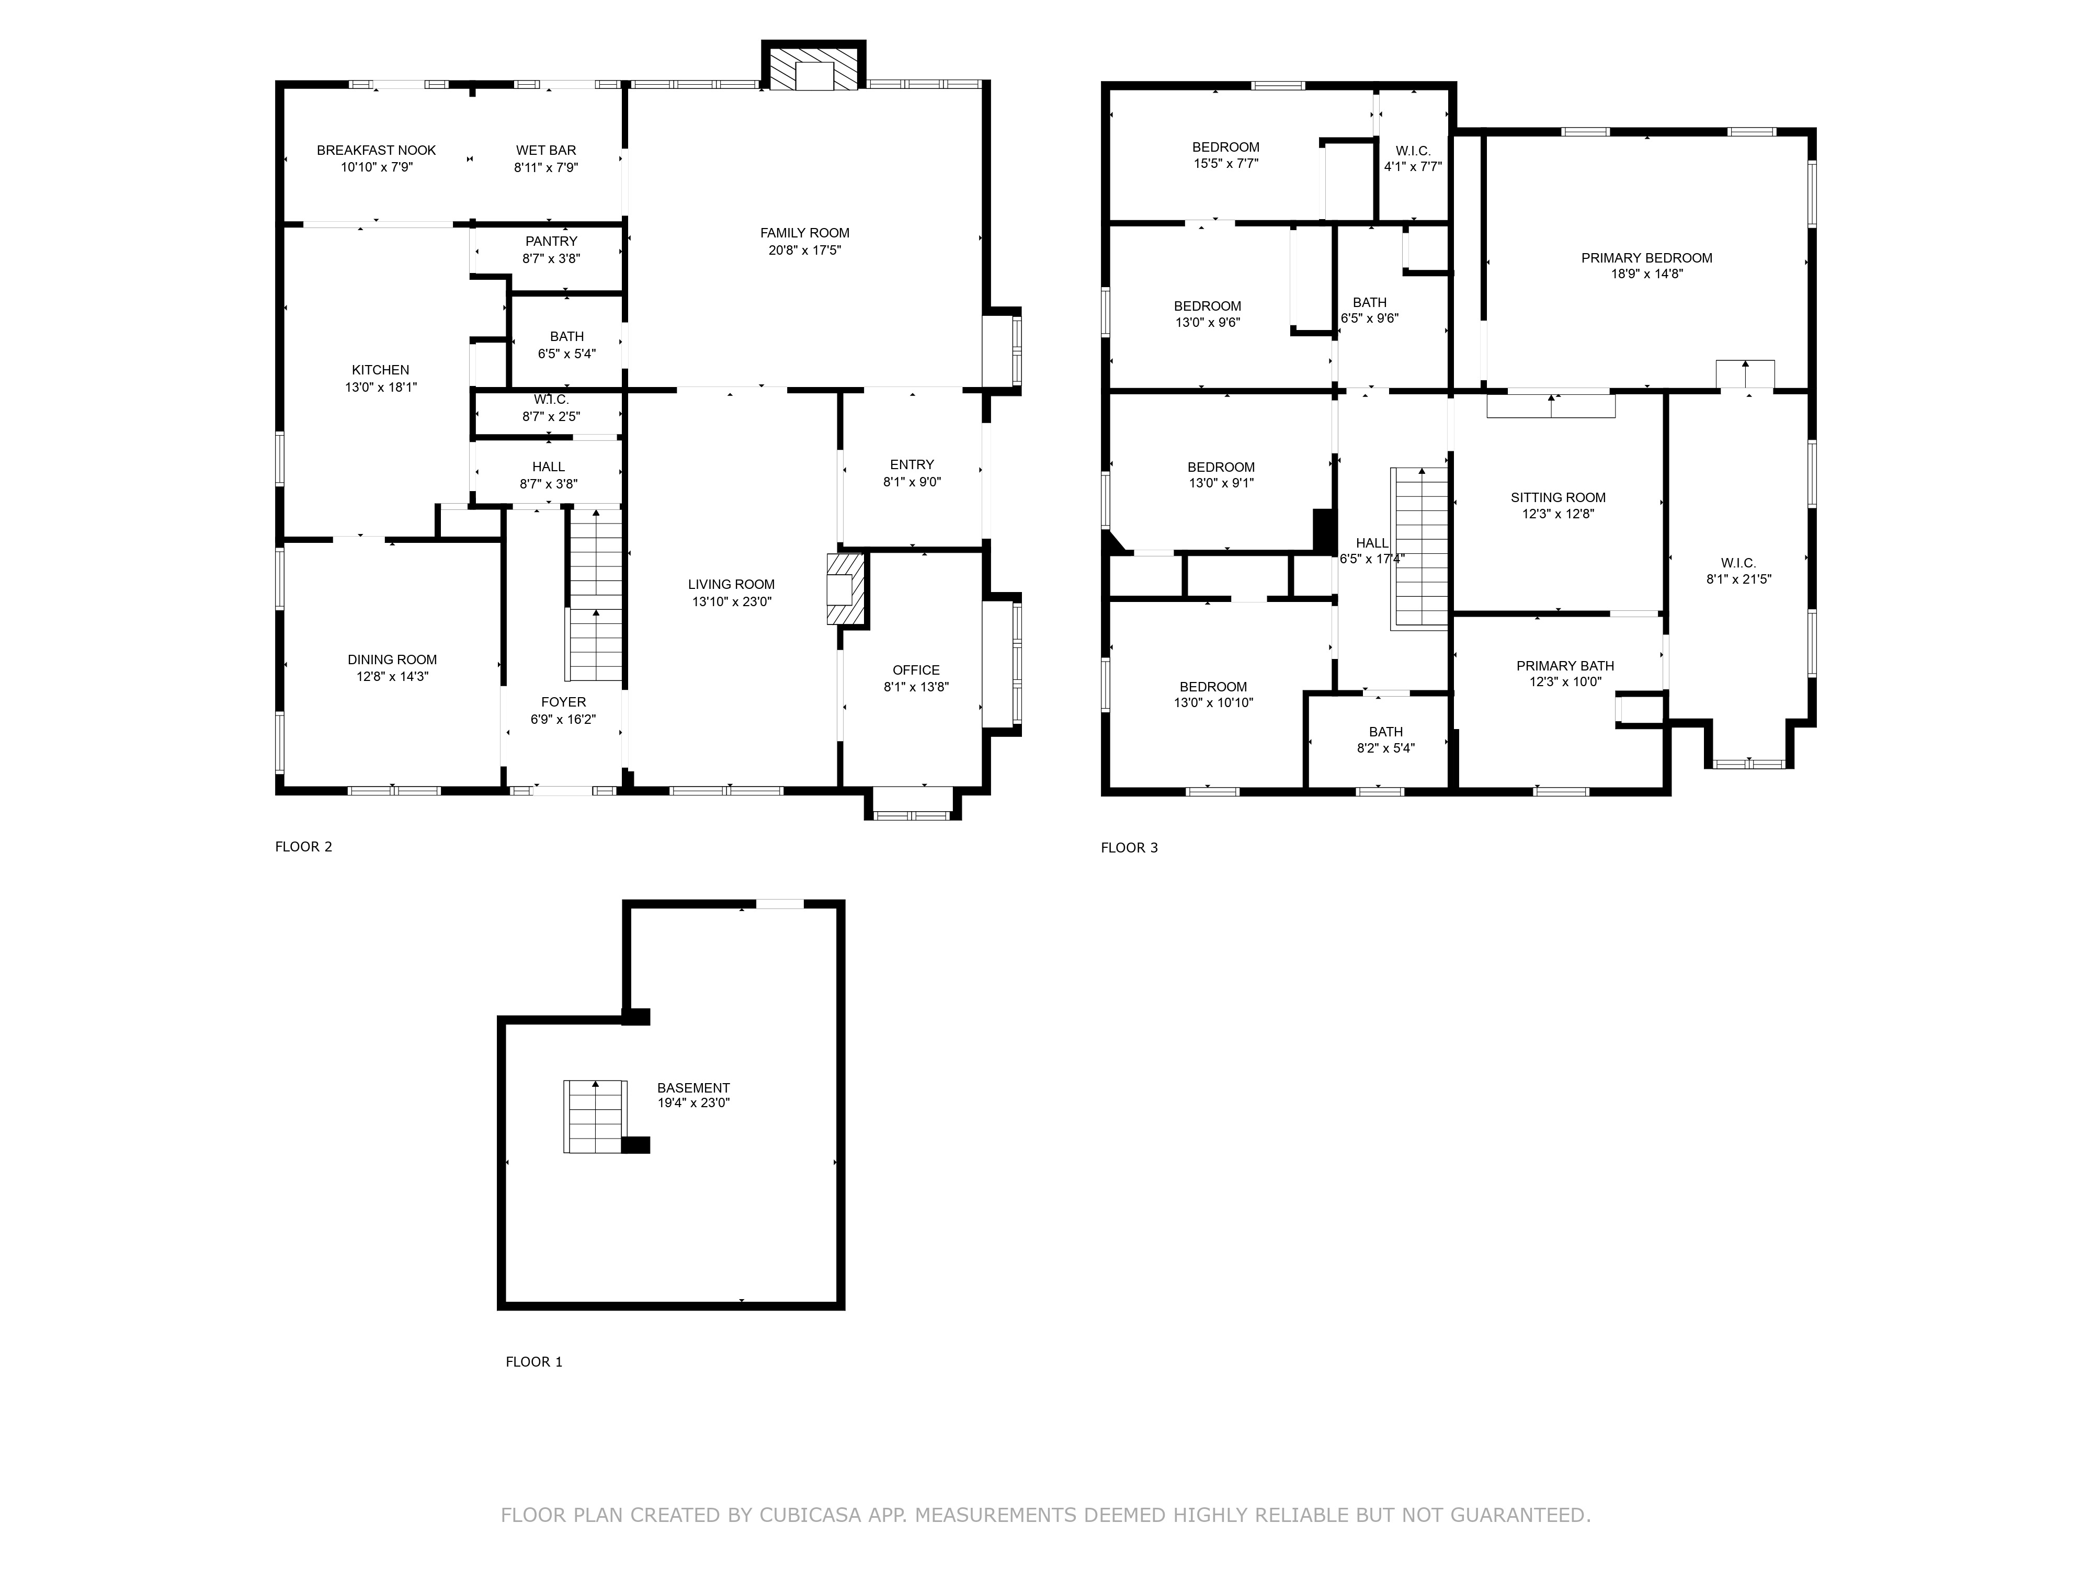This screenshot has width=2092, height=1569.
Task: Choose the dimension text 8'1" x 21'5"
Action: point(1738,579)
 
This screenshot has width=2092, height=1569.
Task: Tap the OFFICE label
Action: point(915,669)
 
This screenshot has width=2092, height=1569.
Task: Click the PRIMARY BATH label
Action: point(1564,666)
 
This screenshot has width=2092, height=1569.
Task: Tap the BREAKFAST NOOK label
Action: point(377,151)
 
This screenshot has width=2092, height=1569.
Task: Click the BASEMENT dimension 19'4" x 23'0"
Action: point(693,1102)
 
